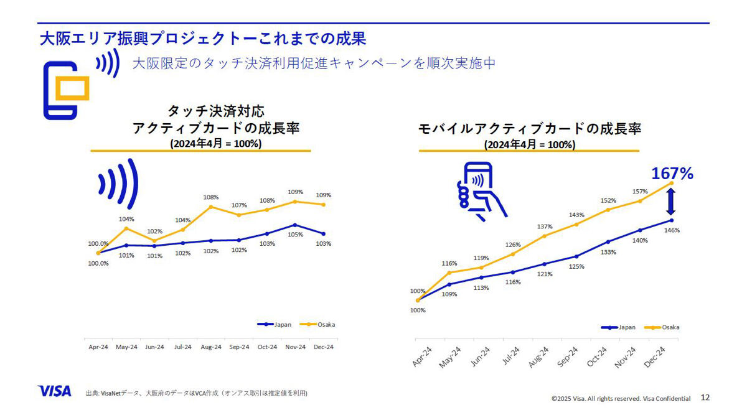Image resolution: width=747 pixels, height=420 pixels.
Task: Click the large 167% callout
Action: (672, 174)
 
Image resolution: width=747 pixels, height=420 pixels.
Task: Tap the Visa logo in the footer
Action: (54, 391)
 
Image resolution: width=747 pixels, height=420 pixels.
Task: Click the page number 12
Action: (705, 398)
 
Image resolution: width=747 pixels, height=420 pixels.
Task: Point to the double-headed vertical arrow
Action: (670, 202)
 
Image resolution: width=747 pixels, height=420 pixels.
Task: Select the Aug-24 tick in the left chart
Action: (211, 347)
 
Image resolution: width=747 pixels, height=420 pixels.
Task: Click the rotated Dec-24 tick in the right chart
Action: (654, 357)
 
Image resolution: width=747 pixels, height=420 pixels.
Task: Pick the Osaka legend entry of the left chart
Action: (317, 324)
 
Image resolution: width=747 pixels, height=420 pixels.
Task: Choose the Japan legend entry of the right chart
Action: (618, 327)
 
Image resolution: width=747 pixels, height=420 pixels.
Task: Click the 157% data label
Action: (640, 192)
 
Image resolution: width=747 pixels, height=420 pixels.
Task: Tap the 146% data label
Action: (672, 230)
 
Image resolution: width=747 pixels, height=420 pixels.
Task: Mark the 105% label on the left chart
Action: (296, 235)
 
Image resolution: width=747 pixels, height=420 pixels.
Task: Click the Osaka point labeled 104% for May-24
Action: (126, 228)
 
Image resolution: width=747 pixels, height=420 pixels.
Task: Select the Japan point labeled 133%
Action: (608, 241)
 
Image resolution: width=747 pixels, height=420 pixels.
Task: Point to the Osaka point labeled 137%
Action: (544, 236)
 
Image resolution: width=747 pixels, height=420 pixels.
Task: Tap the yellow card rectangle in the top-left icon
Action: (72, 88)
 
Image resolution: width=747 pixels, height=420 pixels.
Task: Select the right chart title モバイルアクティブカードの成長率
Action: (530, 129)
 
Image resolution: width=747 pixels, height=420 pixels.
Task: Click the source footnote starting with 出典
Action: (197, 393)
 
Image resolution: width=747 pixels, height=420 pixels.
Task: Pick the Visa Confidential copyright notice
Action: (621, 398)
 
